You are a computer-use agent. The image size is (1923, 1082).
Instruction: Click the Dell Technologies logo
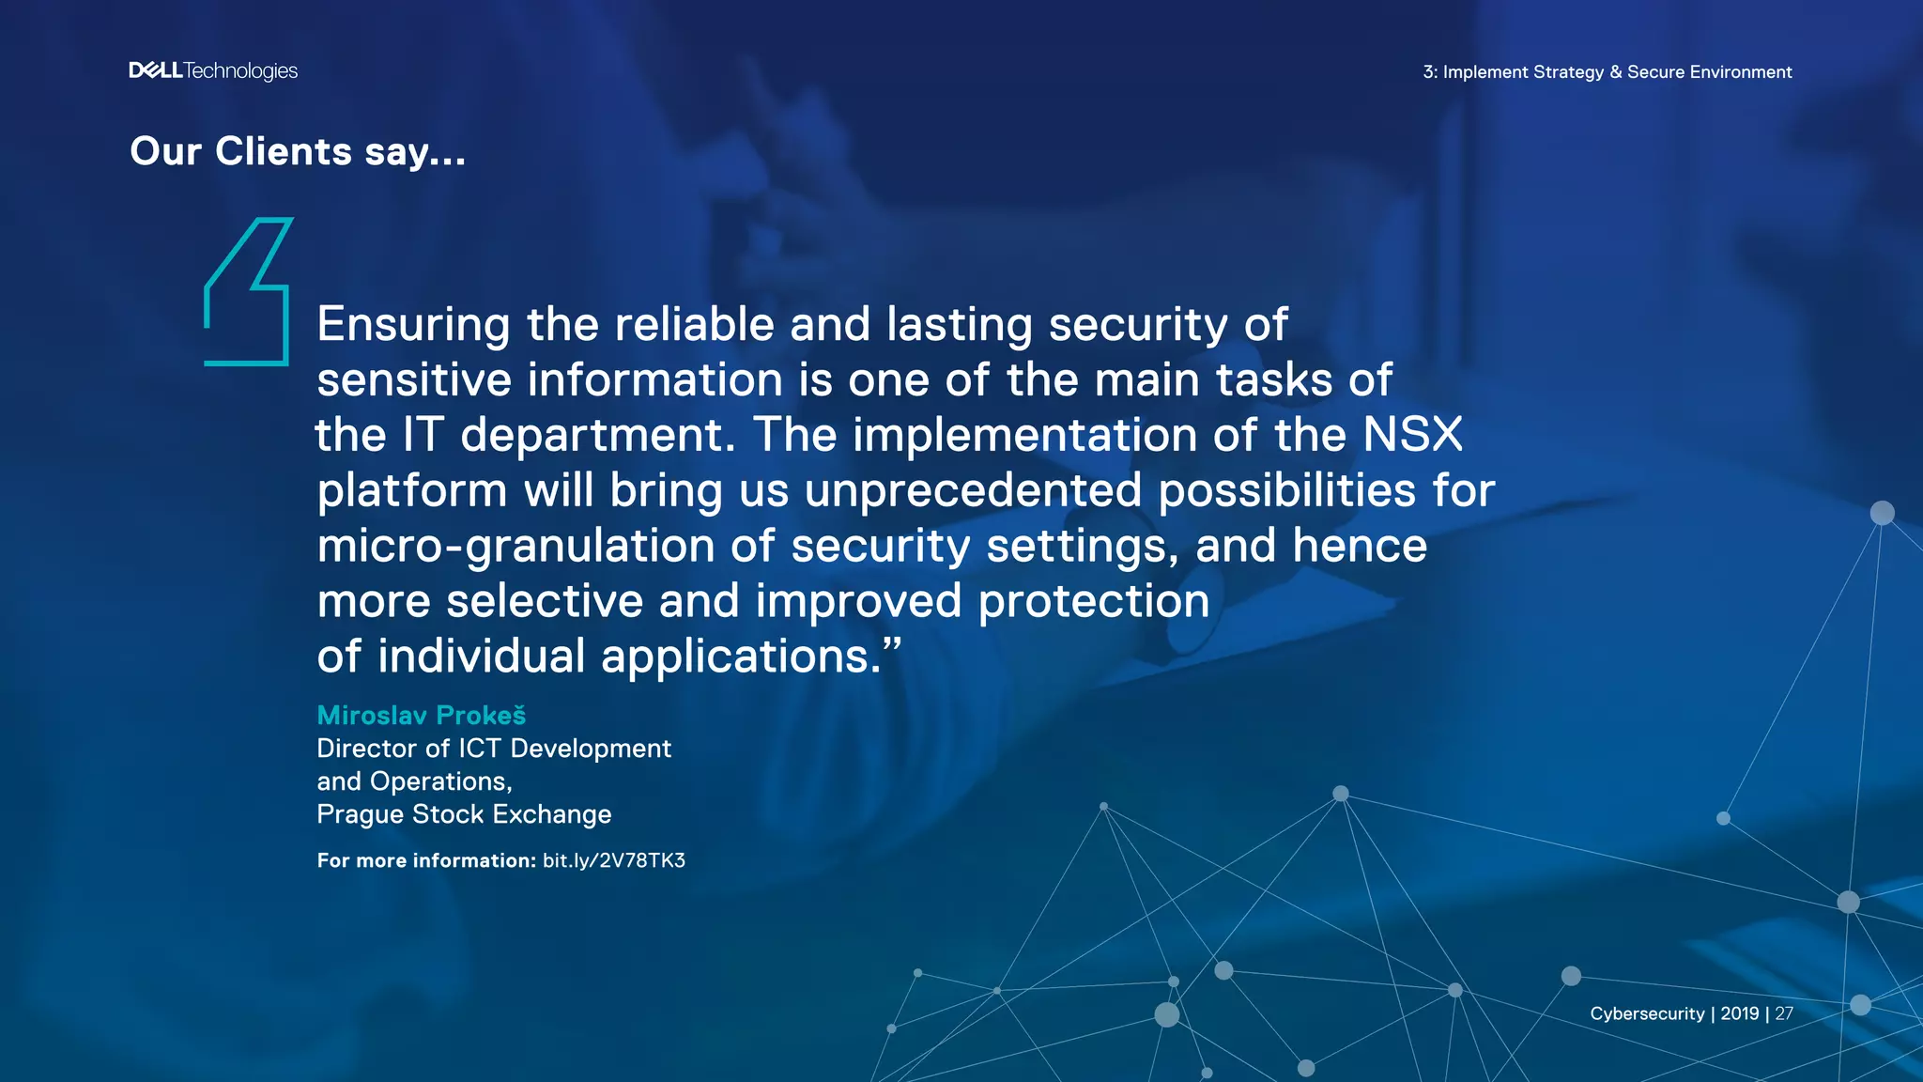213,71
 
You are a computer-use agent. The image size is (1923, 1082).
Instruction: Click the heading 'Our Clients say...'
298,151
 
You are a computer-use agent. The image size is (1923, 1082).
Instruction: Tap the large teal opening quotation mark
247,291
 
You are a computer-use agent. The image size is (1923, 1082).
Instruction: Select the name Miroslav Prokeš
421,716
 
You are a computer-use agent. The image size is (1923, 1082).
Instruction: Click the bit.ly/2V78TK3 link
614,860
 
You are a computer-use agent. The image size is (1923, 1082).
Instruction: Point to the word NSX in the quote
1412,435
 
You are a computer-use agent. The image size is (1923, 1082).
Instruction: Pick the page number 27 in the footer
1784,1013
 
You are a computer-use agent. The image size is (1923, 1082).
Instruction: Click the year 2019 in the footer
1740,1013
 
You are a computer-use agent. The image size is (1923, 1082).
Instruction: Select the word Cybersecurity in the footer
1647,1013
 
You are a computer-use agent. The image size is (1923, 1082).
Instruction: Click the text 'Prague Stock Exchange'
464,814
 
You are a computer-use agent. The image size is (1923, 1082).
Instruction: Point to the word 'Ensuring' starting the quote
413,325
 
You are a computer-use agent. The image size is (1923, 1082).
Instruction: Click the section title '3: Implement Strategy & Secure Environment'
1608,72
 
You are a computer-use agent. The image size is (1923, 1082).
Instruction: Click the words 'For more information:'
426,860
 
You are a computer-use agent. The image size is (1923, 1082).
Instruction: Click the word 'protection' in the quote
1094,601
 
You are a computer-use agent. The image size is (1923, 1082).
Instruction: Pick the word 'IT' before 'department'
423,435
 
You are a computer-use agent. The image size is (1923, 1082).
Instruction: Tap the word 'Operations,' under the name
440,781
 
